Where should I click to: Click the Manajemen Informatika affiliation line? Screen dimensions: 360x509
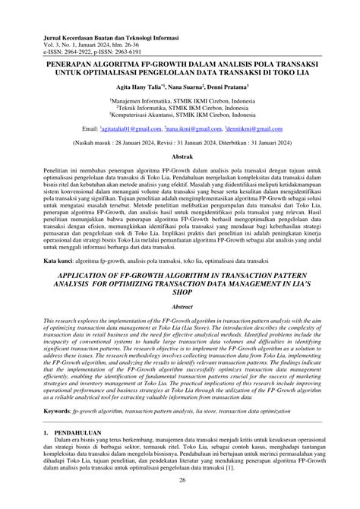(x=179, y=100)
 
